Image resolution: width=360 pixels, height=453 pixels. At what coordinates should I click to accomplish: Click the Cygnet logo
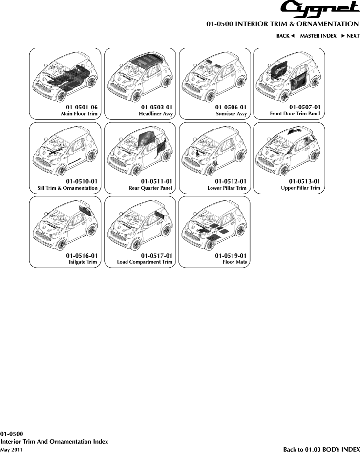click(x=320, y=9)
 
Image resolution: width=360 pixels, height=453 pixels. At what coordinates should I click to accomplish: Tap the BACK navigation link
click(x=285, y=36)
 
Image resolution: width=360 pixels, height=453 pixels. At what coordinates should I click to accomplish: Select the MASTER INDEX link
click(x=318, y=36)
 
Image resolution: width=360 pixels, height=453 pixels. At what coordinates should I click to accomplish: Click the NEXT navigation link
click(x=350, y=36)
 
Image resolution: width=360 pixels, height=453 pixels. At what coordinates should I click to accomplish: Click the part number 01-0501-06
click(x=82, y=107)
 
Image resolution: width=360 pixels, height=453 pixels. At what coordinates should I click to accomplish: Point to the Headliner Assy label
click(x=156, y=114)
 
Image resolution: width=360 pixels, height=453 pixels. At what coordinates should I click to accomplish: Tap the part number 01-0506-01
click(x=231, y=107)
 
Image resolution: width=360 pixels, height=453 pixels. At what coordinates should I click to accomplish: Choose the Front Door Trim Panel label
click(x=295, y=114)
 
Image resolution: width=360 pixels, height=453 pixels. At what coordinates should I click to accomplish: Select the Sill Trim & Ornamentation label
click(x=67, y=188)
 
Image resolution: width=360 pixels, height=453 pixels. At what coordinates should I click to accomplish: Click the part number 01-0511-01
click(x=156, y=181)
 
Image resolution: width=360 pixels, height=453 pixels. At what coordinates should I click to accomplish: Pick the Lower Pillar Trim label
click(x=227, y=188)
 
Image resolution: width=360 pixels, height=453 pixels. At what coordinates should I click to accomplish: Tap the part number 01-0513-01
click(x=305, y=181)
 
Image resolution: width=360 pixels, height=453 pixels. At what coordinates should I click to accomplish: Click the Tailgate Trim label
click(x=82, y=262)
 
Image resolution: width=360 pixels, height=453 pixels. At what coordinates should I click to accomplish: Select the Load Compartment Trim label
click(x=145, y=262)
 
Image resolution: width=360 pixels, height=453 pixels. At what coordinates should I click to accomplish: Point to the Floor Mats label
click(x=234, y=262)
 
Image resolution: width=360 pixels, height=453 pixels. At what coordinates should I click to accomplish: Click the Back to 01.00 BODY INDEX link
click(x=321, y=449)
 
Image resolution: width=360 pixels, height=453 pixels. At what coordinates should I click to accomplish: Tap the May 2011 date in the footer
click(x=11, y=450)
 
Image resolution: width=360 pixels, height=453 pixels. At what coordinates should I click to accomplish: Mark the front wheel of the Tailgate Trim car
click(x=61, y=244)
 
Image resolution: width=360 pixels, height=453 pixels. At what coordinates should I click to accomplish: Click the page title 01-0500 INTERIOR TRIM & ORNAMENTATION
click(x=282, y=24)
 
